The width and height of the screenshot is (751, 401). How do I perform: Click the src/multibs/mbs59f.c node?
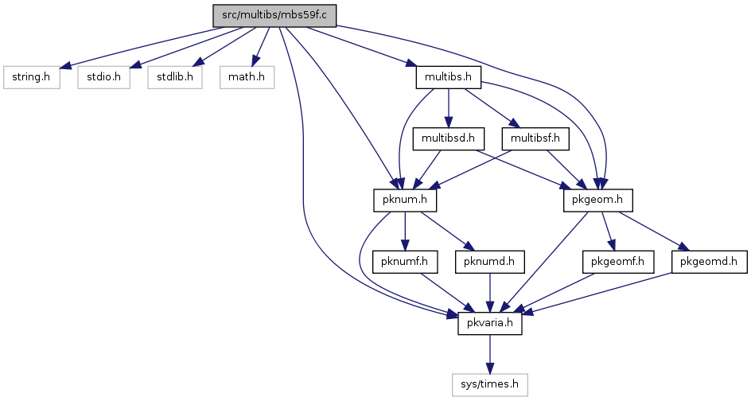274,15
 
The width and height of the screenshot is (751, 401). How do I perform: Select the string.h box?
32,76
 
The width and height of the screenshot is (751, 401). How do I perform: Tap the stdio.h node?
104,76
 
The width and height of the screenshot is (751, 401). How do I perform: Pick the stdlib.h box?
175,76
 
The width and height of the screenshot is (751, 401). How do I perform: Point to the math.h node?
247,76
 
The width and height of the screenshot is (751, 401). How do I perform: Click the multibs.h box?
449,76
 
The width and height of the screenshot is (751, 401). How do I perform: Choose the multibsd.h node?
449,138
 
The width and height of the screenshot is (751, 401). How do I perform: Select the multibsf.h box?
535,138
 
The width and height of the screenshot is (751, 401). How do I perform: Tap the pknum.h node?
405,200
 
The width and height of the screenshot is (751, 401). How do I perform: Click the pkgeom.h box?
598,200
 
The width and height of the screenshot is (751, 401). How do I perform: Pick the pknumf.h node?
405,262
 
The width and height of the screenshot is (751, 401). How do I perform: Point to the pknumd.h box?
489,262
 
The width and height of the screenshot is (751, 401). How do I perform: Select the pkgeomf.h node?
618,262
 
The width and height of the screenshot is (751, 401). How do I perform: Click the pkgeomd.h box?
710,262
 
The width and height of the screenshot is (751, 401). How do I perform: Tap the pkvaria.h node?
489,323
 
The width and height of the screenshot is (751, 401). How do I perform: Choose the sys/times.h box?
489,385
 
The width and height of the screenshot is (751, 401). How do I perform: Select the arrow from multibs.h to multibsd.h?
449,107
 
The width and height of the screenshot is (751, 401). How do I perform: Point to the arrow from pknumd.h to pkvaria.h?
489,292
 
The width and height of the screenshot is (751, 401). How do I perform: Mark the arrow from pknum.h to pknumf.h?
405,231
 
